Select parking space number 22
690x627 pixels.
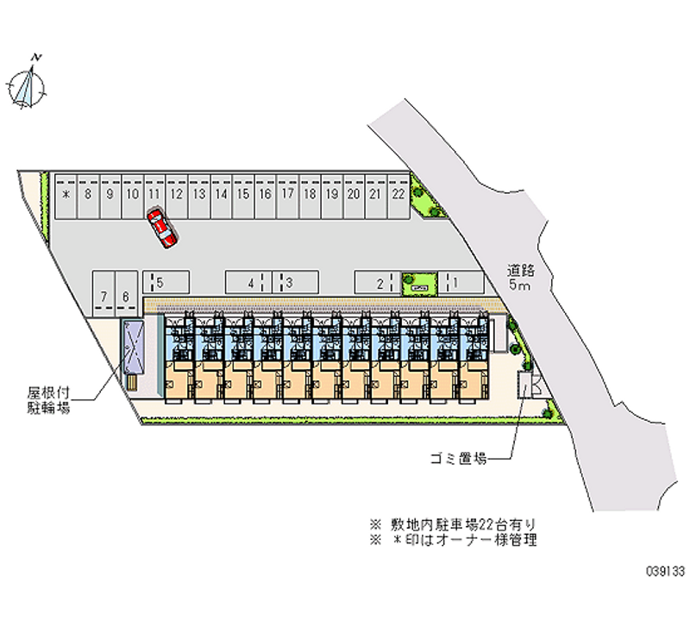[398, 196]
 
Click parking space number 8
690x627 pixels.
[87, 196]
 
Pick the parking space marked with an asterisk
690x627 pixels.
[66, 196]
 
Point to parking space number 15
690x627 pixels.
[242, 196]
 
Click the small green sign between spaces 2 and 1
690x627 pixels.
[419, 282]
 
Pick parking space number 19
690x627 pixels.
[331, 196]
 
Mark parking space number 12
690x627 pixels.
[176, 196]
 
